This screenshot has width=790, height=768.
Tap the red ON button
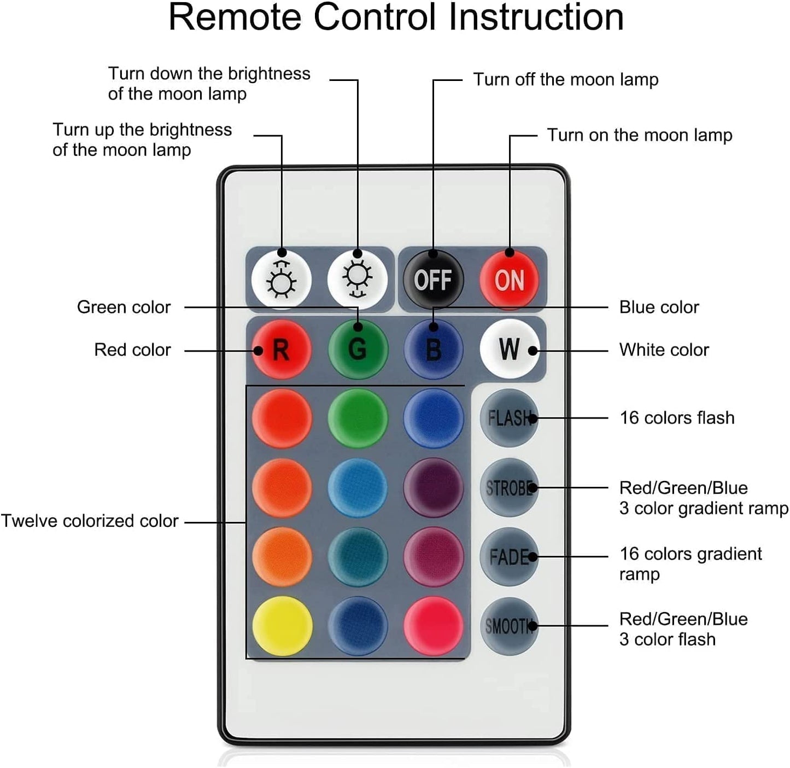pyautogui.click(x=510, y=280)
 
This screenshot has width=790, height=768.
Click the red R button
pyautogui.click(x=281, y=349)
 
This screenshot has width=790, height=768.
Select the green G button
pyautogui.click(x=358, y=349)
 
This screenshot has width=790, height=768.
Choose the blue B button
pyautogui.click(x=434, y=349)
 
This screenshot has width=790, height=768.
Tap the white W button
pyautogui.click(x=509, y=349)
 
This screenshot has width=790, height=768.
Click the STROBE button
pyautogui.click(x=509, y=487)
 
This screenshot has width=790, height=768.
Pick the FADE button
pyautogui.click(x=509, y=557)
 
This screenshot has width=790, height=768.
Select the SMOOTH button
pyautogui.click(x=509, y=626)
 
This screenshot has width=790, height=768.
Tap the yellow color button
pyautogui.click(x=282, y=626)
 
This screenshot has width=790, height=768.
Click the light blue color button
pyautogui.click(x=358, y=487)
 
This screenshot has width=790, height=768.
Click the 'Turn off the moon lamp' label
pyautogui.click(x=565, y=80)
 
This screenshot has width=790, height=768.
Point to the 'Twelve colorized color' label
pyautogui.click(x=90, y=521)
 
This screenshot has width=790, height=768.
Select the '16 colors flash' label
pyautogui.click(x=677, y=418)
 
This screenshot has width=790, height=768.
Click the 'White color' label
pyautogui.click(x=664, y=350)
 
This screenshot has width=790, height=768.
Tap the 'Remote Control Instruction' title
pyautogui.click(x=396, y=18)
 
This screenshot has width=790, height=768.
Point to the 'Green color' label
pyautogui.click(x=124, y=307)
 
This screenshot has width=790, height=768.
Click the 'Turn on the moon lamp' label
pyautogui.click(x=640, y=135)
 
